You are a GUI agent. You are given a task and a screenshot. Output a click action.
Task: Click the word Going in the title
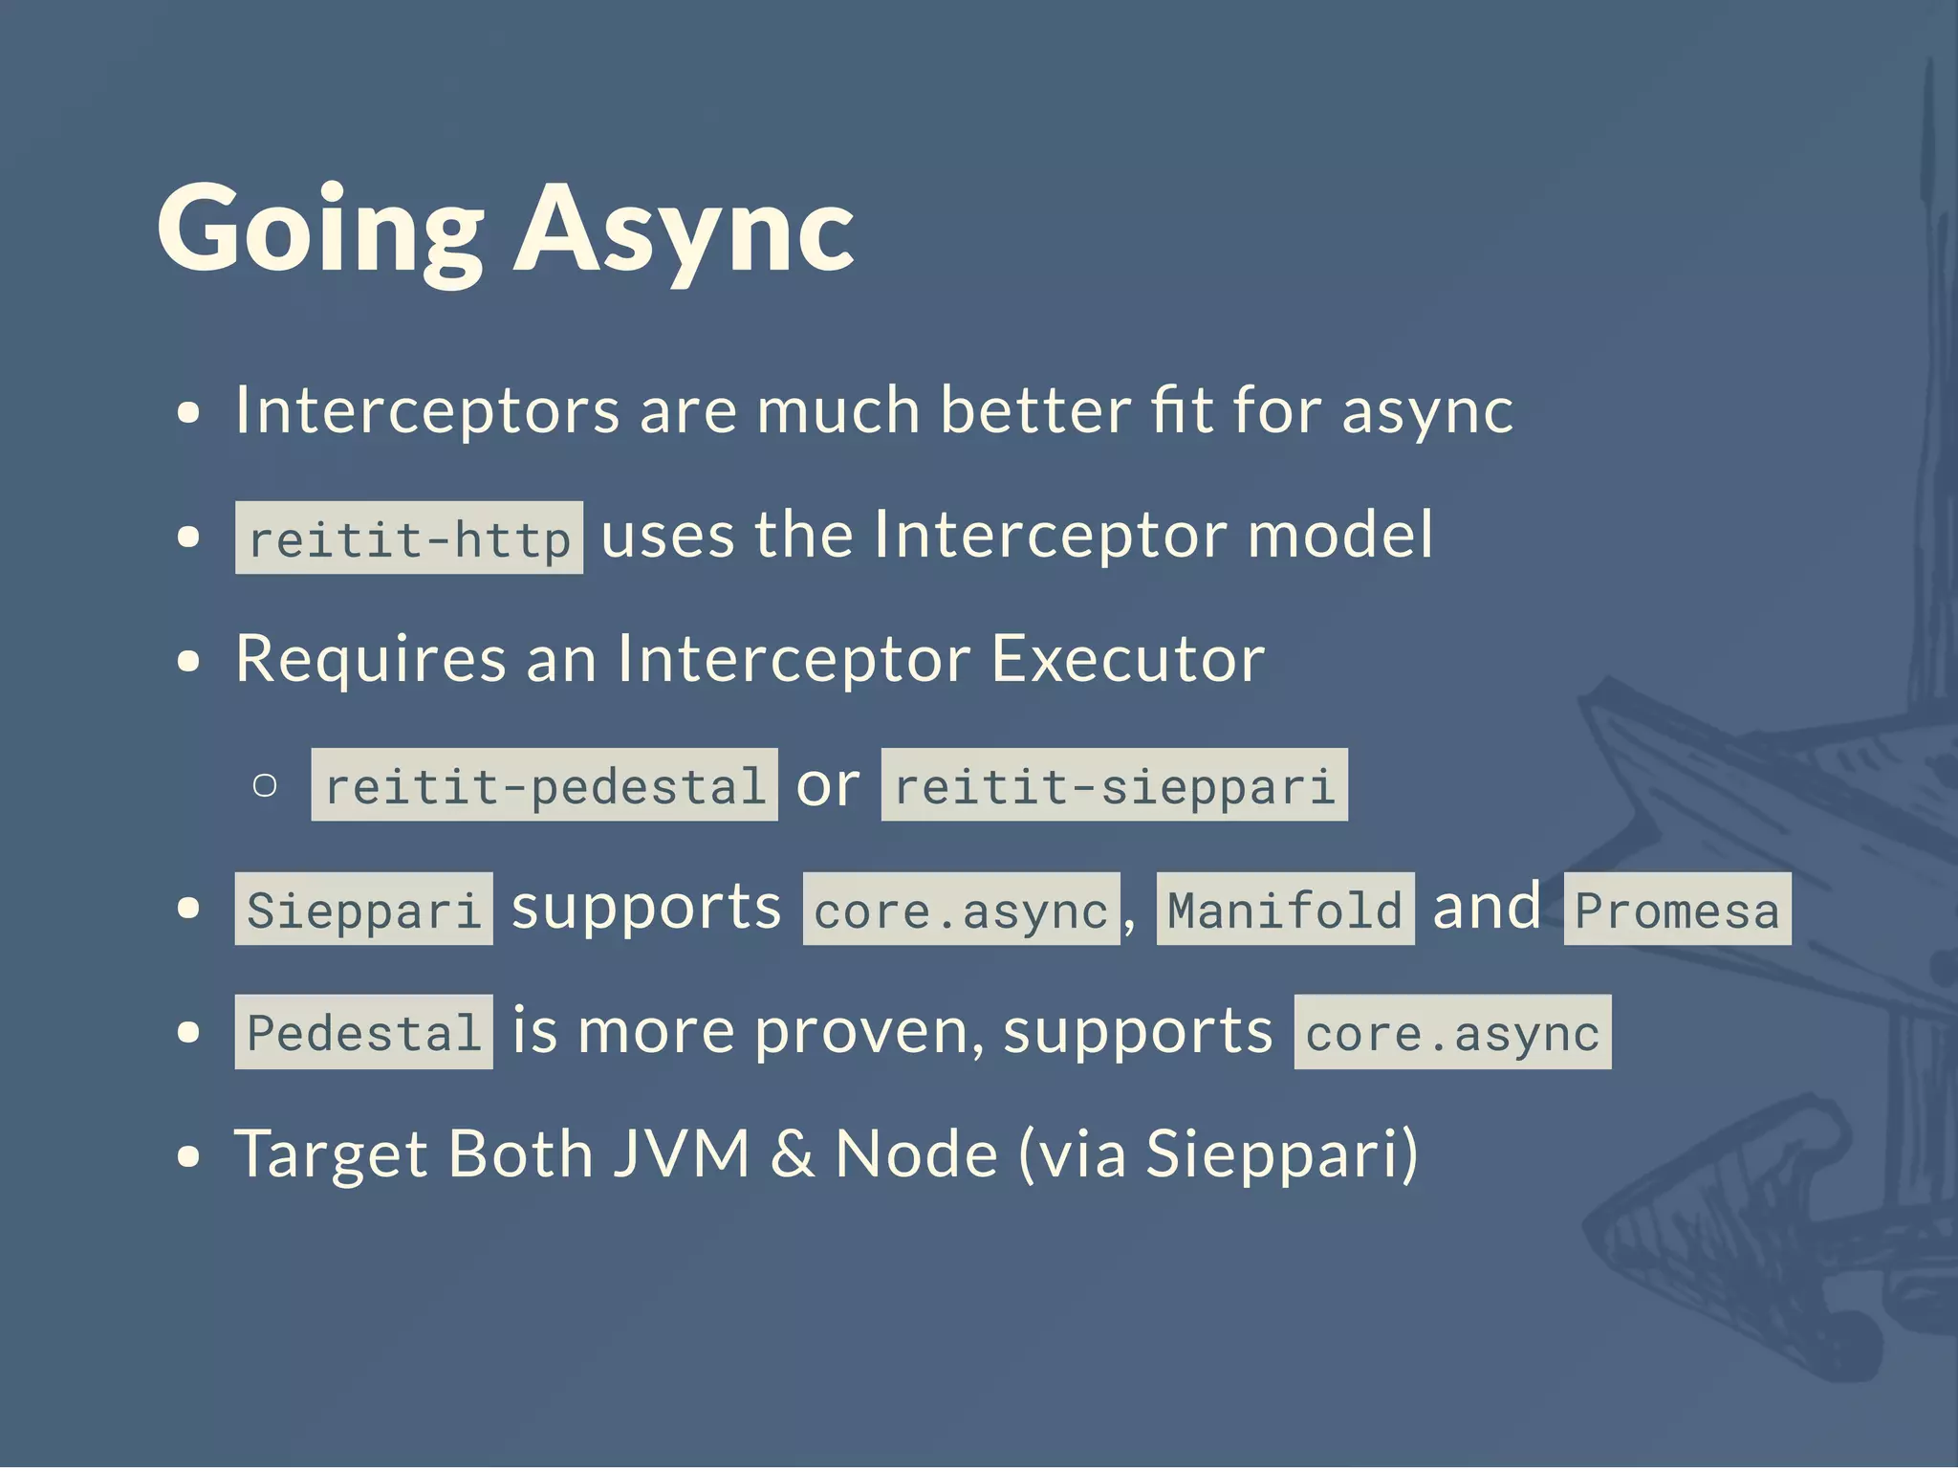coord(320,230)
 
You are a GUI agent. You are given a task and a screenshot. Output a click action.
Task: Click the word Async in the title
coord(685,230)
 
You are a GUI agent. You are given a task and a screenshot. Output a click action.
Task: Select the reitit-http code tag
coord(409,538)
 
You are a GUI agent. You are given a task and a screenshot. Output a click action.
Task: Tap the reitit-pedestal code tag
coord(544,785)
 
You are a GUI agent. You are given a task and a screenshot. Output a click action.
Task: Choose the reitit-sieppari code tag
coord(1114,785)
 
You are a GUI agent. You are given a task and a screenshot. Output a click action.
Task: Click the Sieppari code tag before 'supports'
coord(363,909)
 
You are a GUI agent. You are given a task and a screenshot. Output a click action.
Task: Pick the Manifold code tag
coord(1285,909)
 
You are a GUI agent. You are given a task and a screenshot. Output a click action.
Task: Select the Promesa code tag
coord(1677,909)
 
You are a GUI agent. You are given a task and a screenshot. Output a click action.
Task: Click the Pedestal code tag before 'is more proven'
coord(363,1032)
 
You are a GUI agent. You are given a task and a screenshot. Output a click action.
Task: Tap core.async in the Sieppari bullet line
coord(961,909)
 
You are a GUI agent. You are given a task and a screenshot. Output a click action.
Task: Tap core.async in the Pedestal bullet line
coord(1452,1032)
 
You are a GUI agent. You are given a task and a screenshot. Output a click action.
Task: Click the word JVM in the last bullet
coord(681,1153)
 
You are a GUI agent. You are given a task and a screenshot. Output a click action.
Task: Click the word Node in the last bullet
coord(916,1153)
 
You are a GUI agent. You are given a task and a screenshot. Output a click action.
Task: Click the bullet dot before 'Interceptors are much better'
coord(189,413)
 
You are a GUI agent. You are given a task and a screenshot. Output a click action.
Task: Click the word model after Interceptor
coord(1340,535)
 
